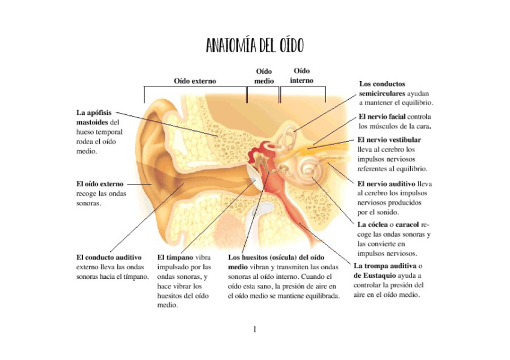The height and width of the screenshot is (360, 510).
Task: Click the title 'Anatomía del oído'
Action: click(254, 45)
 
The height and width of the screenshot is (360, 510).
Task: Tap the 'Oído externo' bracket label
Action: click(195, 81)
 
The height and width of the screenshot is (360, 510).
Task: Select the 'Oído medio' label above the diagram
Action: click(264, 76)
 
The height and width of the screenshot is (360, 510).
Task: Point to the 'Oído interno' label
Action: click(301, 76)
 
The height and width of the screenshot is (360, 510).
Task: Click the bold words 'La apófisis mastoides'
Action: click(96, 117)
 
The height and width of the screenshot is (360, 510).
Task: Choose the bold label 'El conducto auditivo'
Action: click(109, 257)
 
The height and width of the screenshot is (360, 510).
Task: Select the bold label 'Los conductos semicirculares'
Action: click(382, 89)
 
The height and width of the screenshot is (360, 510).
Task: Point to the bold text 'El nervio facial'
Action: click(382, 116)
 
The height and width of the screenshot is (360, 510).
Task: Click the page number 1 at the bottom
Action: click(255, 329)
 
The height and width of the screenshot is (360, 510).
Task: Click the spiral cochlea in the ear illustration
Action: click(311, 171)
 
